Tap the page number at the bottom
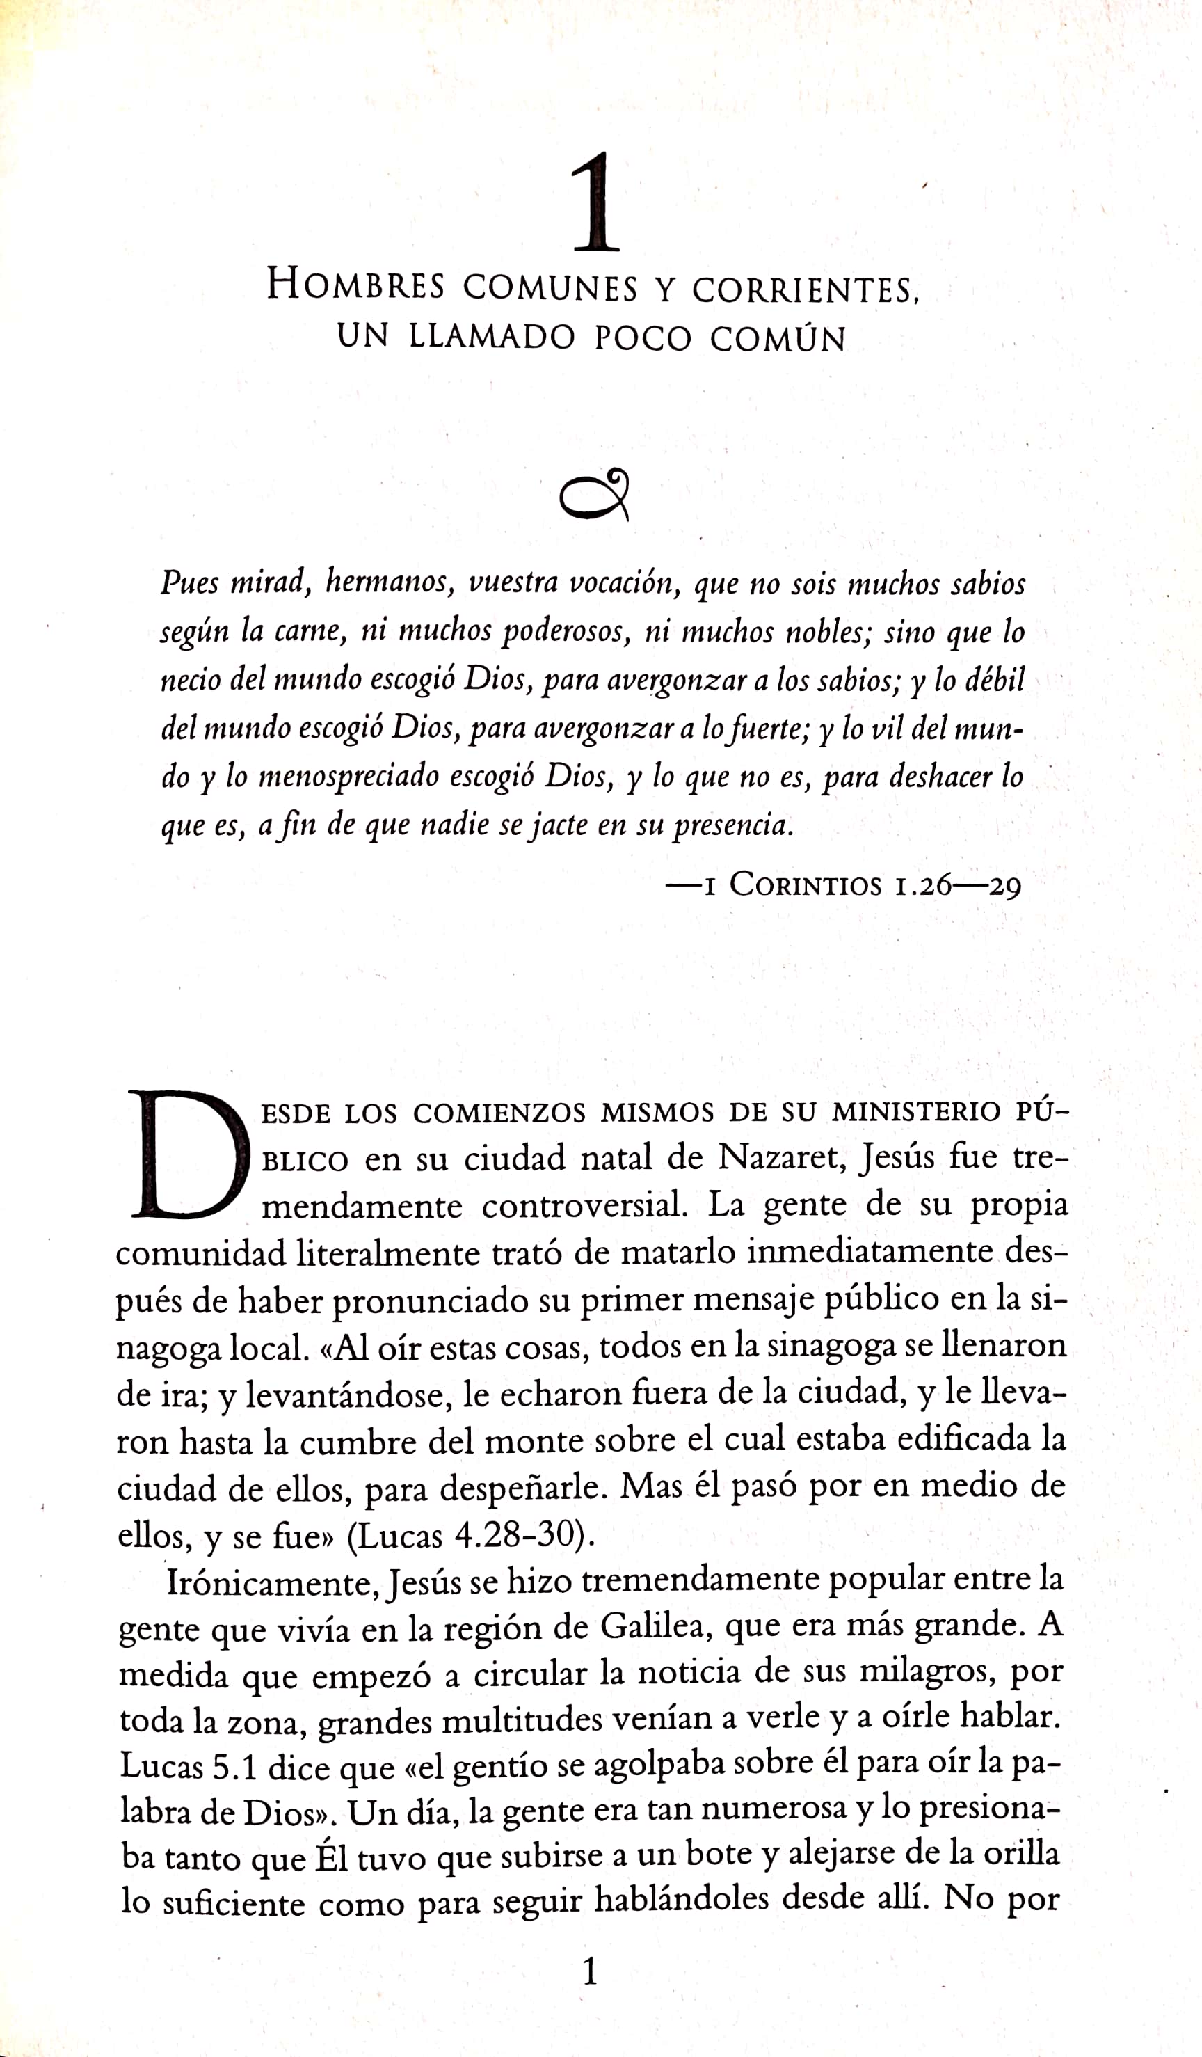pos(590,1973)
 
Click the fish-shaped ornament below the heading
pos(595,495)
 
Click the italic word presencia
pos(732,825)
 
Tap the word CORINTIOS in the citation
pos(806,885)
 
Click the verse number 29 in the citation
pos(1004,887)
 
